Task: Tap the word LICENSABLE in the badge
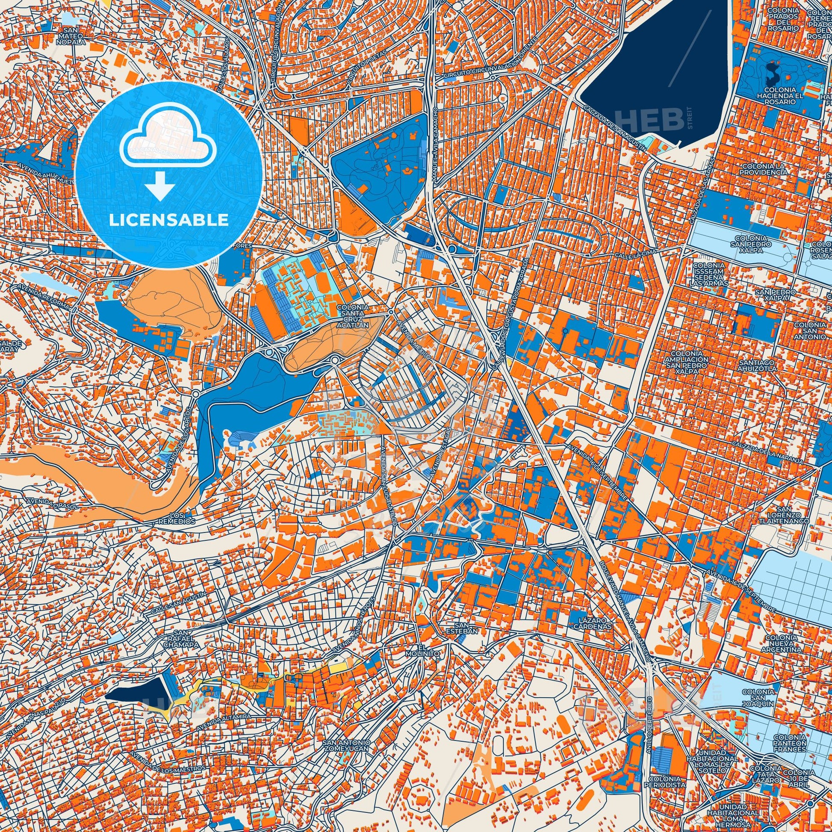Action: tap(168, 220)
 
